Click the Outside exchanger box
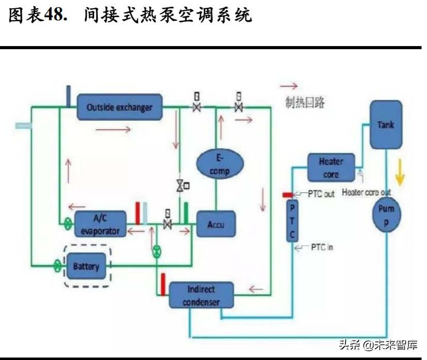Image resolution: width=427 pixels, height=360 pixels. coord(119,108)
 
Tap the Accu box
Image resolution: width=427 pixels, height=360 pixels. coord(216,225)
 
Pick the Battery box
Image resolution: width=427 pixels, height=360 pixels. coord(86,267)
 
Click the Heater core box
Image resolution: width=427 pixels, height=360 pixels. coord(331,168)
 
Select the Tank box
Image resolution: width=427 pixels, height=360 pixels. coord(385,125)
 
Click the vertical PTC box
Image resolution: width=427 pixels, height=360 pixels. coord(292,220)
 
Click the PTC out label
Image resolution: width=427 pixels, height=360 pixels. coord(321,194)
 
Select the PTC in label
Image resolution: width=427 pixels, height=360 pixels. coord(321,247)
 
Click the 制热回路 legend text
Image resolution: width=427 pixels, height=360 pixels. coord(305,102)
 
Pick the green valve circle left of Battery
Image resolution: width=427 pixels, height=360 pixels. coord(57,267)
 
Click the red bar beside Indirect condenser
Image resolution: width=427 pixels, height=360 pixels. coord(163,284)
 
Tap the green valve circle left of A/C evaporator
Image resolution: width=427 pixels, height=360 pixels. coord(68,224)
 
